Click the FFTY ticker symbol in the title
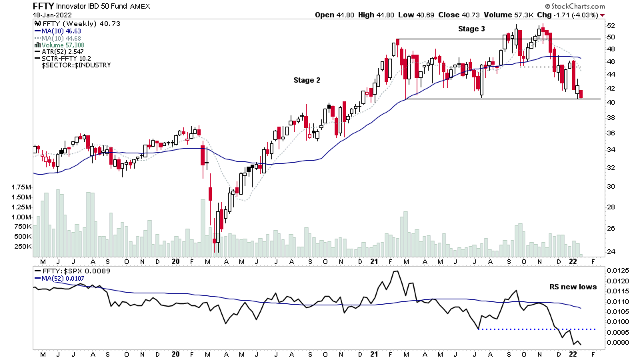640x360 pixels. click(x=43, y=6)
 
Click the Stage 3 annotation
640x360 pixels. click(x=471, y=29)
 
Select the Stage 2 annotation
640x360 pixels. click(x=307, y=80)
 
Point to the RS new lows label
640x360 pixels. click(x=573, y=287)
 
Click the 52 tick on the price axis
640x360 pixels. click(x=610, y=25)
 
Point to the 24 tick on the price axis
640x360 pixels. click(x=610, y=252)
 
